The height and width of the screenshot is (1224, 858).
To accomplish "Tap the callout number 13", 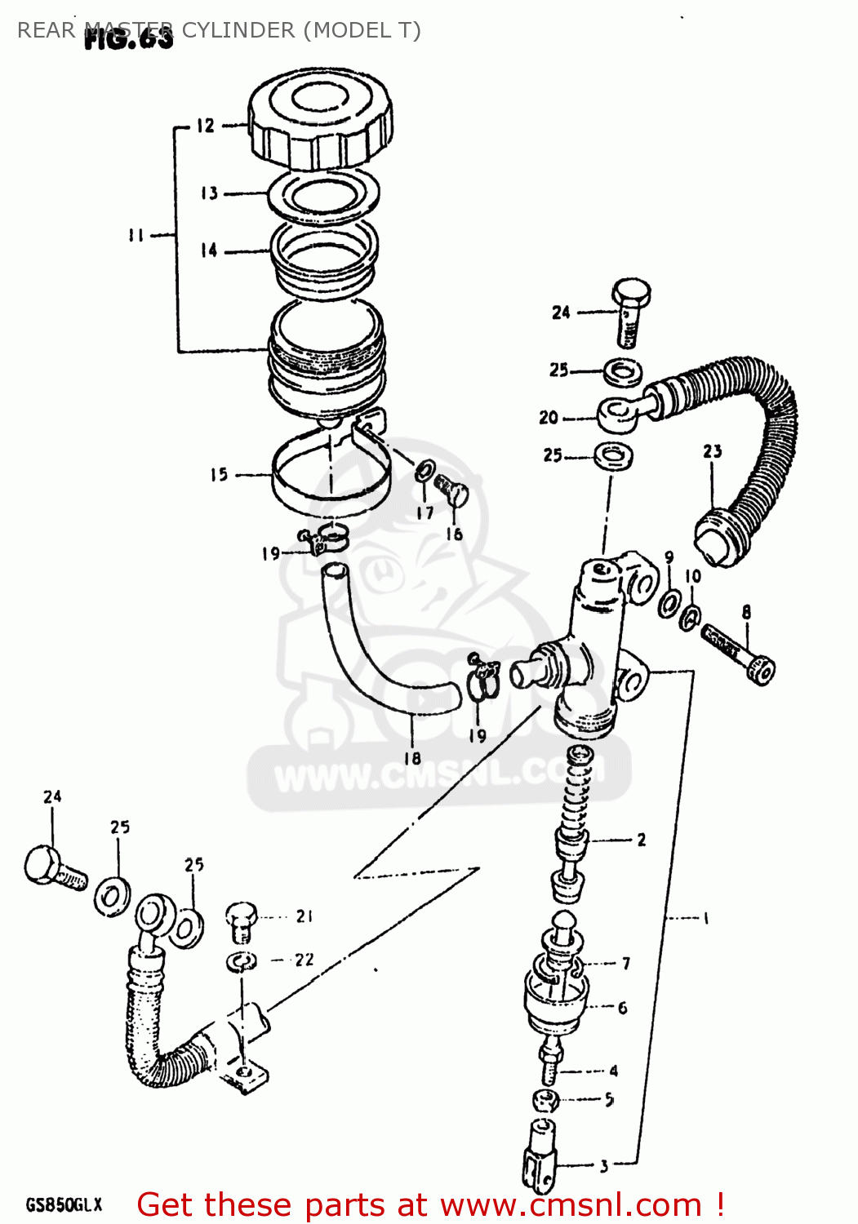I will (x=209, y=193).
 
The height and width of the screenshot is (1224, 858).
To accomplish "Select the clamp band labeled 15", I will (x=327, y=481).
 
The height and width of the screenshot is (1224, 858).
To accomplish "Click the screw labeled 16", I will (x=451, y=490).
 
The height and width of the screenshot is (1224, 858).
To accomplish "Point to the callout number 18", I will (x=412, y=758).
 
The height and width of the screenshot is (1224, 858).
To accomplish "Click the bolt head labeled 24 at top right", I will (x=630, y=292).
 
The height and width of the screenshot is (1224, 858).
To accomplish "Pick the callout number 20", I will (x=549, y=418).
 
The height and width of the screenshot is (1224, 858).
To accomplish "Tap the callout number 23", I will (x=712, y=451).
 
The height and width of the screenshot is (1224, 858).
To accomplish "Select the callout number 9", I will (x=669, y=558).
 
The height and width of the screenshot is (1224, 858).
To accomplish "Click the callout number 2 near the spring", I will (x=642, y=840).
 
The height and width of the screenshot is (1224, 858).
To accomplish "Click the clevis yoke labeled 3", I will (x=539, y=1155).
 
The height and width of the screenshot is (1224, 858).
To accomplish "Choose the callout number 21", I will (x=305, y=916).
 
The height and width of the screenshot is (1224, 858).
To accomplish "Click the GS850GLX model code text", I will (x=64, y=1205).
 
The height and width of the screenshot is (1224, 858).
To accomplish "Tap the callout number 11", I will (x=136, y=235).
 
